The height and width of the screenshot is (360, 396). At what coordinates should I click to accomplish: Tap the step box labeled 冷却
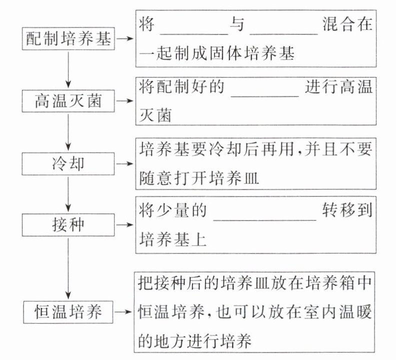pos(69,163)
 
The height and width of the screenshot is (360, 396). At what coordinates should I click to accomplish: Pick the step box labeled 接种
pos(69,225)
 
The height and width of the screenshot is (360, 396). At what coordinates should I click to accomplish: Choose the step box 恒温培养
pos(69,312)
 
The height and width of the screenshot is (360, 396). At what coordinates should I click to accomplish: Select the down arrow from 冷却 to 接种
pos(69,194)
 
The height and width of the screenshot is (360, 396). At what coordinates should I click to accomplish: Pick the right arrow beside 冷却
pos(125,163)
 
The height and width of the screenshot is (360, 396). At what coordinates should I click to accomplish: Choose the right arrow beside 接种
pos(125,225)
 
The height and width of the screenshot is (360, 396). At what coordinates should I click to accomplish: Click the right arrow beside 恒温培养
pos(125,312)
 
